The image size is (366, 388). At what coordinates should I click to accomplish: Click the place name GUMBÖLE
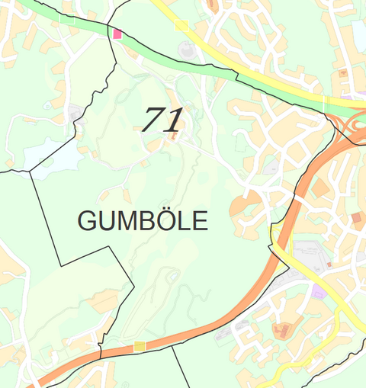click(143, 221)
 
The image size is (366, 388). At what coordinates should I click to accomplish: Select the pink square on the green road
click(117, 34)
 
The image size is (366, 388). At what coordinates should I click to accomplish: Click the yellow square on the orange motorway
click(139, 348)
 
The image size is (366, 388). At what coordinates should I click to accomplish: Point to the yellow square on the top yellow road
click(181, 25)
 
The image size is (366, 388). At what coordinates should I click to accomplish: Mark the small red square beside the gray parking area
click(329, 265)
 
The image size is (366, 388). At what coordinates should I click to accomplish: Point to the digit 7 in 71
click(155, 120)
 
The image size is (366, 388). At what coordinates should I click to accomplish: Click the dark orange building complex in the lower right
click(283, 330)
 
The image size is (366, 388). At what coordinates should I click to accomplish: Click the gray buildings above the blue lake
click(75, 114)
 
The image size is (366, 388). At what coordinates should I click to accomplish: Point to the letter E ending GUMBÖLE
click(201, 221)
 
